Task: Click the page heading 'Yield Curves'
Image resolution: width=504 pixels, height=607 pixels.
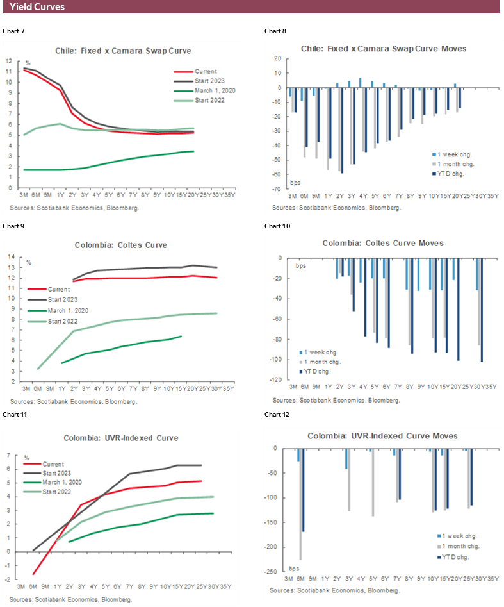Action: point(37,7)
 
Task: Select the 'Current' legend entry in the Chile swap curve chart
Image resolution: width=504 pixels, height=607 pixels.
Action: point(206,72)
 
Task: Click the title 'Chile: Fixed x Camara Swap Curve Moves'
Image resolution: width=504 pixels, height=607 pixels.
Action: point(384,49)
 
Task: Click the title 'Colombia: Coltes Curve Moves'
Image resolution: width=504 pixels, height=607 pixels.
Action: point(383,244)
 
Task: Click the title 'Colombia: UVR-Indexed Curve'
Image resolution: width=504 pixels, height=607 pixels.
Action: point(120,438)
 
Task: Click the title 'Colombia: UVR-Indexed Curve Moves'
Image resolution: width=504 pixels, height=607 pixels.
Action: point(382,436)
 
